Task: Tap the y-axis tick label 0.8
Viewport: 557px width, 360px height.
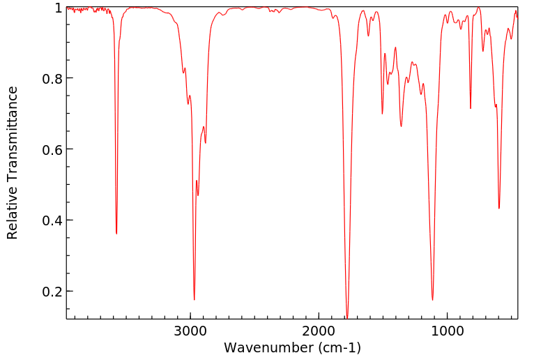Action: (x=52, y=78)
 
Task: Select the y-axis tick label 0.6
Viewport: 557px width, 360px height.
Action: (x=52, y=149)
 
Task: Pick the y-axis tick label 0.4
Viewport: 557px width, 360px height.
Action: (x=52, y=220)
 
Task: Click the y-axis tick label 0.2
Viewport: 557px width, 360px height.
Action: (x=52, y=291)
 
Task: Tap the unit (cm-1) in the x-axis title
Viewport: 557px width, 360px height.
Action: (x=337, y=347)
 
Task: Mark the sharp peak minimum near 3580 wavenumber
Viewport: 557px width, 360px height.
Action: (x=116, y=234)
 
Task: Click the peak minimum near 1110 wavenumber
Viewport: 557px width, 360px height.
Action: (x=433, y=300)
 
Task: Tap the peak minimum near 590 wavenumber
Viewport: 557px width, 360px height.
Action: (x=499, y=208)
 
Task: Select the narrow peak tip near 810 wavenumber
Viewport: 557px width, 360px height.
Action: (x=471, y=108)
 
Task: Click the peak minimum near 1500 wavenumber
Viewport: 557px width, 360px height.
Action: (x=382, y=114)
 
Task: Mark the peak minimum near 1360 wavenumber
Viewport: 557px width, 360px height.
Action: (x=401, y=126)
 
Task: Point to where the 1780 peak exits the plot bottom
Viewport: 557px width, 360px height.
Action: (x=347, y=318)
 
